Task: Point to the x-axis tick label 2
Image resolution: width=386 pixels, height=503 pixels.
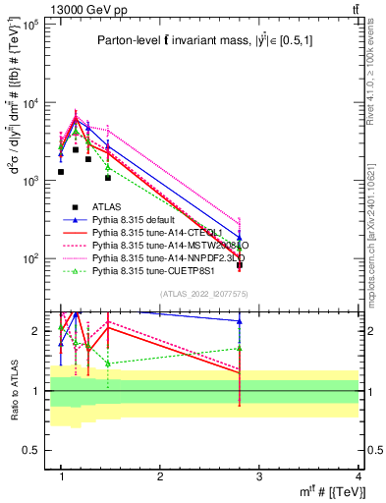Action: (x=161, y=476)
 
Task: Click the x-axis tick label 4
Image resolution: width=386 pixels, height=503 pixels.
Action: (x=359, y=476)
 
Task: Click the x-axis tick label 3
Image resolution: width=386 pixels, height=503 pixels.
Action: (x=260, y=476)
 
